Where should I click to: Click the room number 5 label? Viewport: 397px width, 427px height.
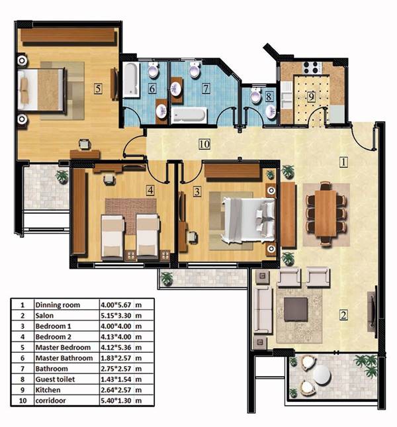tap(98, 89)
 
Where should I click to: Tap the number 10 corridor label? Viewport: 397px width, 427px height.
tap(204, 144)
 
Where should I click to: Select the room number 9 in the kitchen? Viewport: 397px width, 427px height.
tap(311, 97)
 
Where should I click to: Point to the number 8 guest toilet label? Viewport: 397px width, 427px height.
tap(269, 97)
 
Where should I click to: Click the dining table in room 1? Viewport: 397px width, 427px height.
tap(326, 213)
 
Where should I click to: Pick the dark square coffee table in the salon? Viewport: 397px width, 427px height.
tap(296, 309)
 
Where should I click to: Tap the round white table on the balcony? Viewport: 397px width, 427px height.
tap(322, 375)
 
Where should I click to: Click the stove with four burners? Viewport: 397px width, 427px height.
tap(311, 68)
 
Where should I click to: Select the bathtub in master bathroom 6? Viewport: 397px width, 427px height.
tap(131, 80)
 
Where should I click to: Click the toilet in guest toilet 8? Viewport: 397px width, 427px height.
tap(256, 95)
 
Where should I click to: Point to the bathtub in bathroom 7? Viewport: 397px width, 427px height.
tap(189, 115)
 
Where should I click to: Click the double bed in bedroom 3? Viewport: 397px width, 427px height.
tap(248, 220)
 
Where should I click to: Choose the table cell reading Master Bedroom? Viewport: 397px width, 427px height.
tap(63, 348)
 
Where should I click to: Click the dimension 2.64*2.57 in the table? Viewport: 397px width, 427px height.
tap(116, 390)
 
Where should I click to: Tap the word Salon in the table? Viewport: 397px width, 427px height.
tap(44, 316)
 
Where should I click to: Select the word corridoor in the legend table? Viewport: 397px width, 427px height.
tap(50, 401)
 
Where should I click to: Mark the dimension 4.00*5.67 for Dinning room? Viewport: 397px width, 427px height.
tap(116, 305)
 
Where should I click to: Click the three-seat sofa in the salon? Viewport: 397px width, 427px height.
tap(263, 310)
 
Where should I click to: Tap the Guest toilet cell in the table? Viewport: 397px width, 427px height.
tap(55, 379)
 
